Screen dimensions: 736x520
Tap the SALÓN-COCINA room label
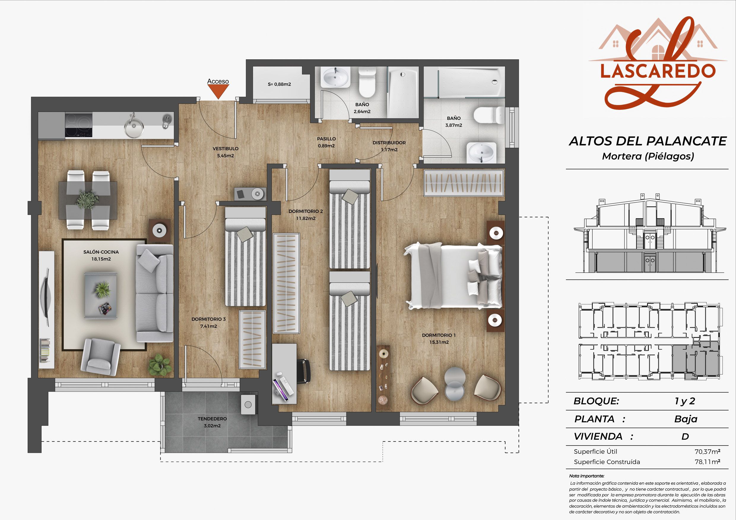(x=101, y=252)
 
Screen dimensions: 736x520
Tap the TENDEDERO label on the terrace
(x=212, y=419)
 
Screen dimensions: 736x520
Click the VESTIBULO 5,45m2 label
(x=226, y=152)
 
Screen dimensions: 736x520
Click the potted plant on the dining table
(x=87, y=200)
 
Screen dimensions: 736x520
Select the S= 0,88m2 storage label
(x=279, y=84)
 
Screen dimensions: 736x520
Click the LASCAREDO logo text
(x=657, y=71)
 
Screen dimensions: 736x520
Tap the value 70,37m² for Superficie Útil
(x=708, y=451)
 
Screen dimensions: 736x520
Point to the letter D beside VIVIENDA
(x=685, y=436)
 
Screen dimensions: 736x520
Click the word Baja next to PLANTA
(x=686, y=419)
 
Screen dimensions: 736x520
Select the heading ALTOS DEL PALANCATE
(x=648, y=141)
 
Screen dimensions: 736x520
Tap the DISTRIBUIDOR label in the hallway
(x=389, y=143)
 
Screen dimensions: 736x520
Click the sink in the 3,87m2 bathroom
(x=481, y=152)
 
